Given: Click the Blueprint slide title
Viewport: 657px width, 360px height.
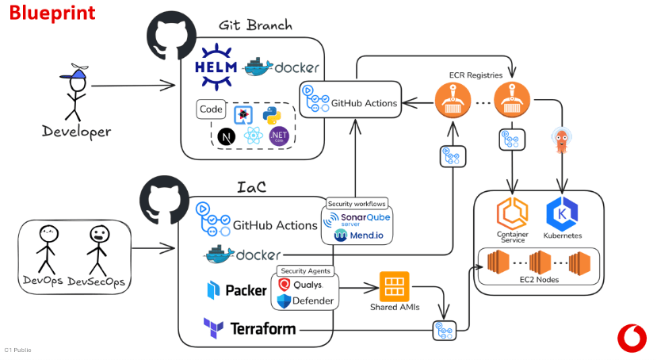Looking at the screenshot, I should coord(53,13).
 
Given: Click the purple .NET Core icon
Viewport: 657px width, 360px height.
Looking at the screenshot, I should coord(278,136).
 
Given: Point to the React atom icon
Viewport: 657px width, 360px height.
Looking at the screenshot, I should coord(253,136).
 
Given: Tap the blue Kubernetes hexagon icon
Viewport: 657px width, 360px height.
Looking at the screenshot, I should coord(562,214).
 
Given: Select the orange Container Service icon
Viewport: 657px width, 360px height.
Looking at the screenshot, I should coord(512,214).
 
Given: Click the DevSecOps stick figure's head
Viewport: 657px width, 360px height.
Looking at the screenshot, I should coord(98,235).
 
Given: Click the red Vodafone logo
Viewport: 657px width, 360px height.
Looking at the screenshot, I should coord(631,337).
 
